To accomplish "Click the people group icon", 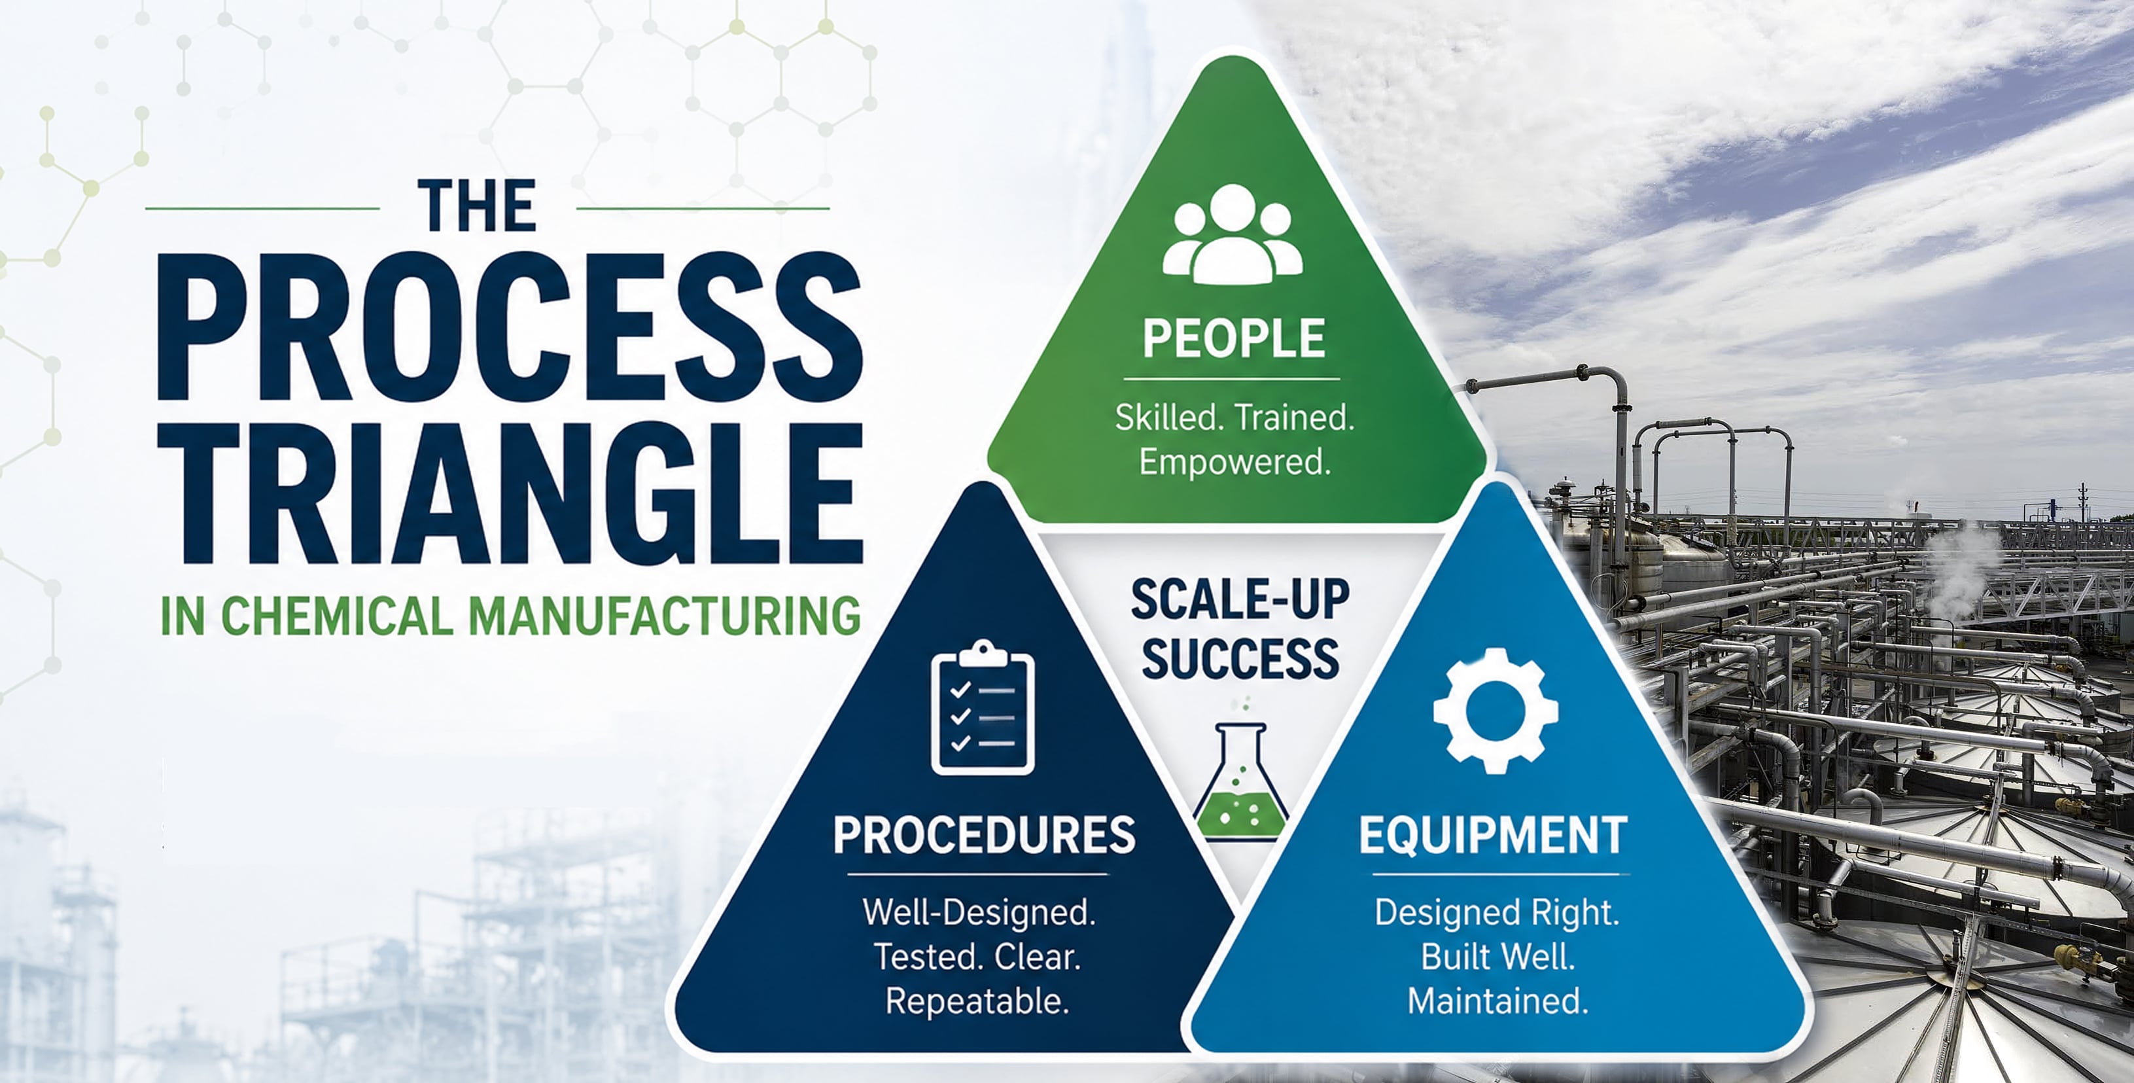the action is (x=1233, y=234).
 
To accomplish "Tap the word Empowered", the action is (x=1234, y=461).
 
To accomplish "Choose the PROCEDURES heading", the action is (x=984, y=834).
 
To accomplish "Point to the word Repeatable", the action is (x=977, y=1001).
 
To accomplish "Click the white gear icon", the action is (x=1496, y=711).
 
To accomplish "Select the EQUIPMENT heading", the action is (x=1493, y=834).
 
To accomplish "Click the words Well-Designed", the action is (x=979, y=912).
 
